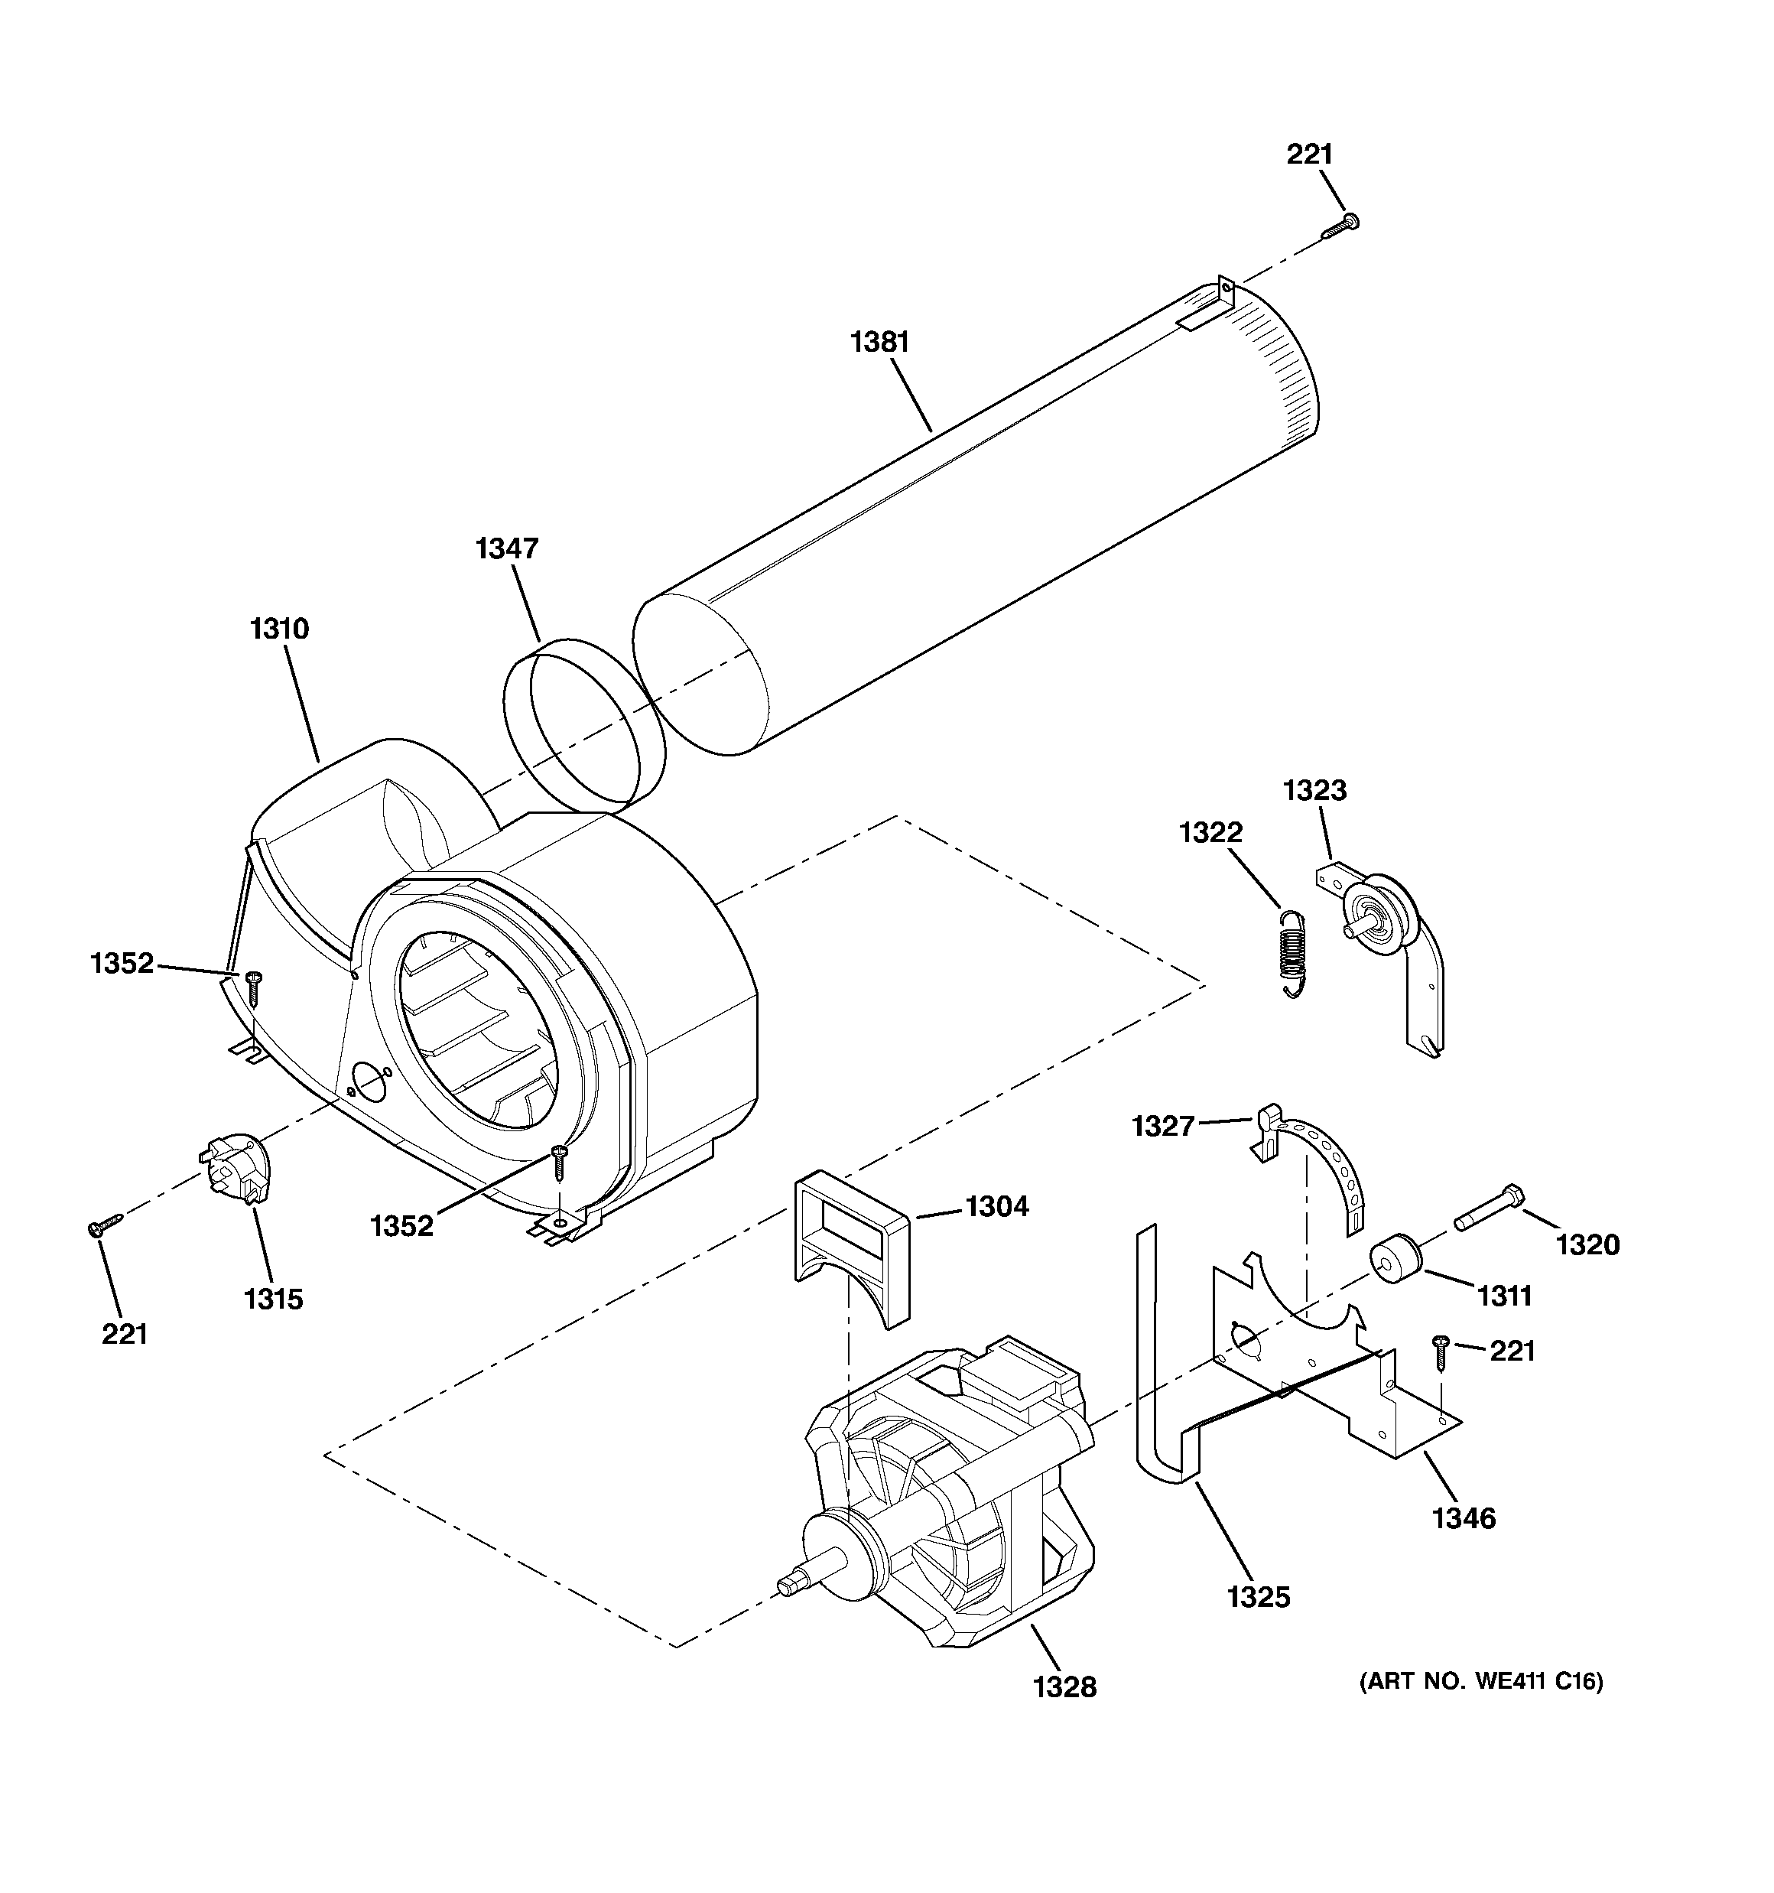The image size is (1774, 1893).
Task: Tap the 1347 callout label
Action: [507, 548]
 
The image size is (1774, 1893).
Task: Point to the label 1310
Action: [280, 629]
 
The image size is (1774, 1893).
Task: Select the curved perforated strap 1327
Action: [1328, 1166]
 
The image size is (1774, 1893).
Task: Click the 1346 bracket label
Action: [1464, 1517]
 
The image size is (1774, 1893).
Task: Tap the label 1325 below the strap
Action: [1258, 1597]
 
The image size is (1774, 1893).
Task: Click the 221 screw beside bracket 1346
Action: [1440, 1352]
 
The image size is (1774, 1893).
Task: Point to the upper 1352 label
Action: [122, 964]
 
